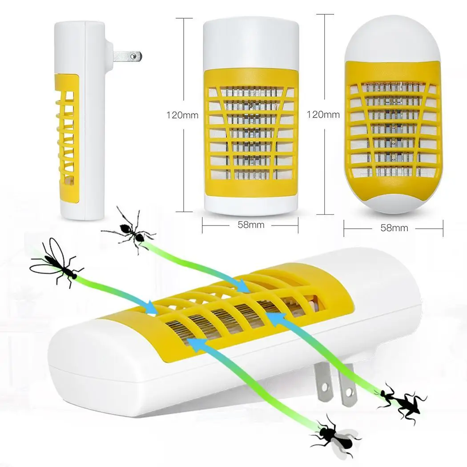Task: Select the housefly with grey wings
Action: click(x=335, y=437)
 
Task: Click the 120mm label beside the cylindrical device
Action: click(x=182, y=115)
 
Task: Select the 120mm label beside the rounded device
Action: click(x=323, y=114)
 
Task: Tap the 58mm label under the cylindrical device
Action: click(x=251, y=225)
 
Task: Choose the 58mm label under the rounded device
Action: click(x=394, y=228)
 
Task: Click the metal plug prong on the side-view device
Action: click(x=127, y=56)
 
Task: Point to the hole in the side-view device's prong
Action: click(x=136, y=56)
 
